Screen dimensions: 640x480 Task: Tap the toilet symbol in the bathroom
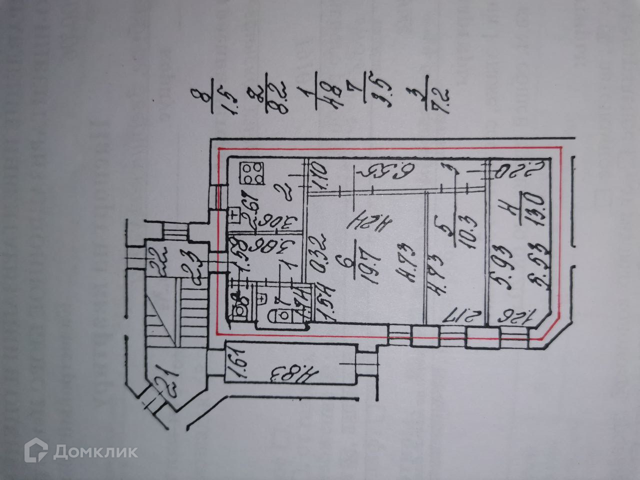[277, 315]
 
